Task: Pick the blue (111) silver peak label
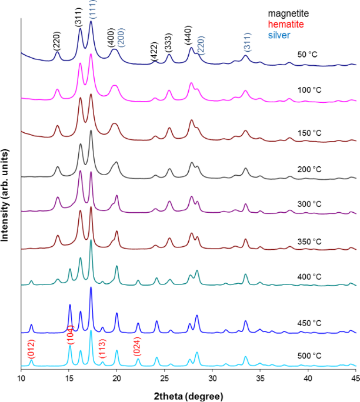tap(92, 10)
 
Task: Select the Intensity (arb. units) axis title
tap(5, 193)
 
